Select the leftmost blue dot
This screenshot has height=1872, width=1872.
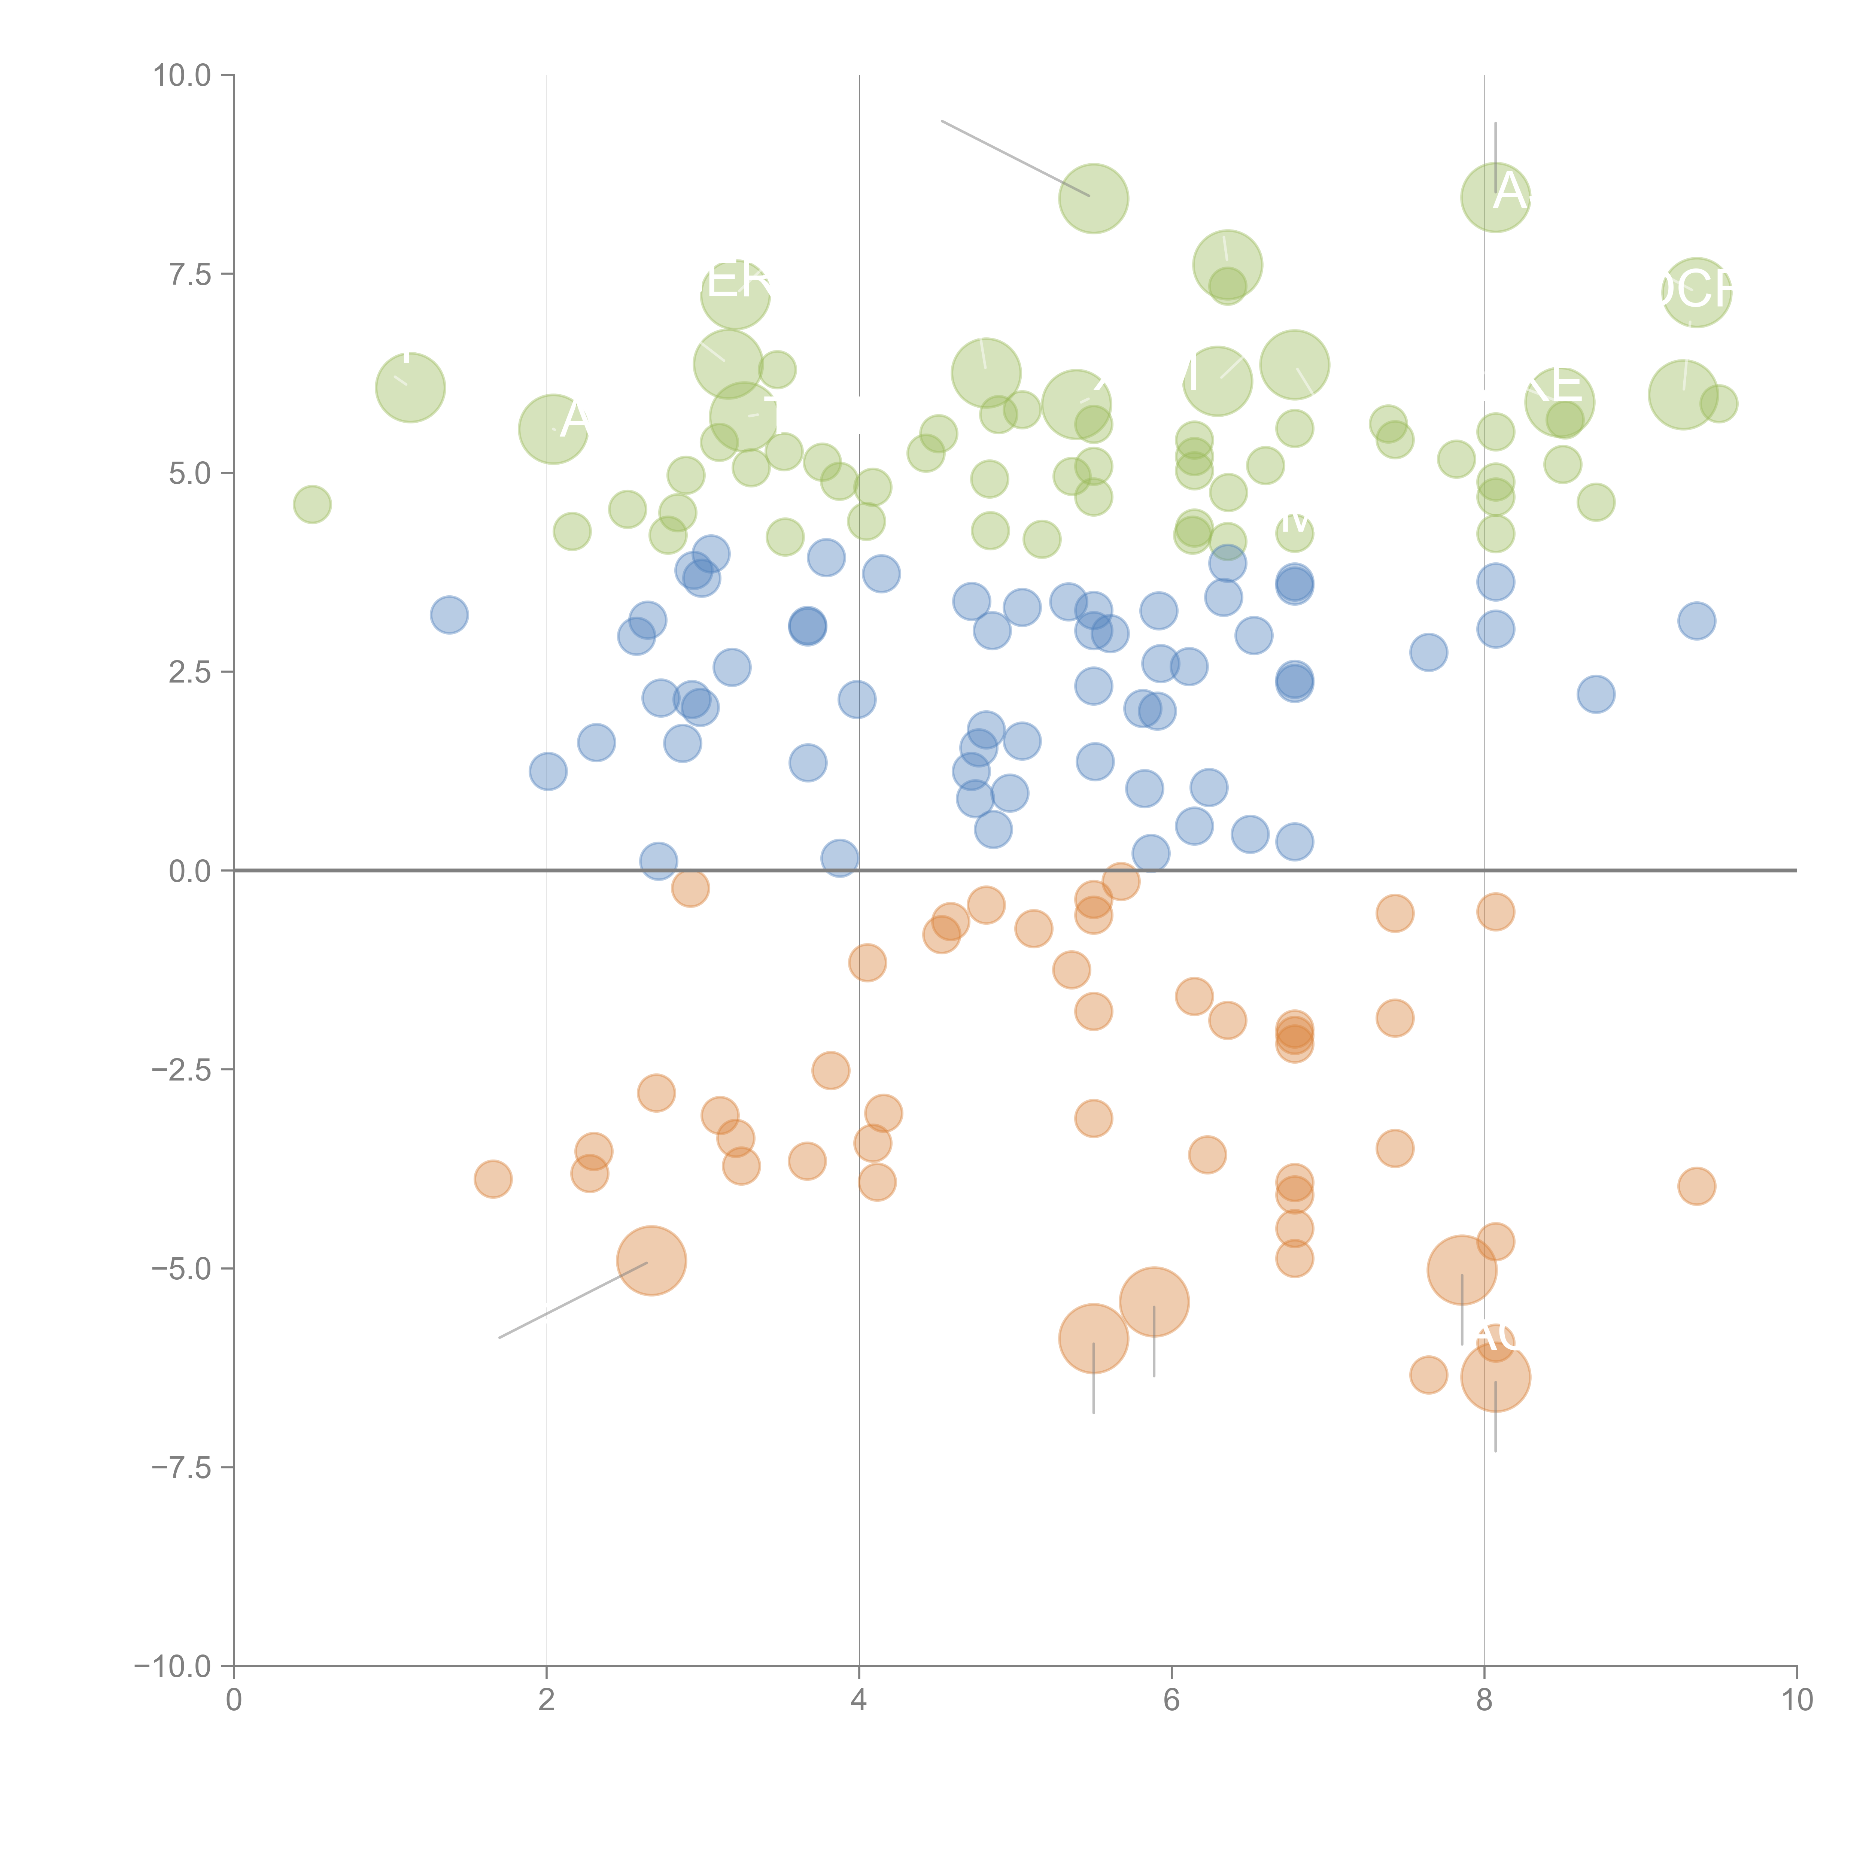tap(449, 614)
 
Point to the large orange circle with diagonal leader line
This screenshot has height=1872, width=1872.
tap(651, 1261)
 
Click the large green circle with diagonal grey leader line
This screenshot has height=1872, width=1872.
tap(1093, 198)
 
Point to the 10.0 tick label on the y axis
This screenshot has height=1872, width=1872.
tap(182, 76)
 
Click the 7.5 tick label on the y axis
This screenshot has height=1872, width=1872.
tap(190, 274)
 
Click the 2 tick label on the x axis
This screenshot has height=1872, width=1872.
tap(547, 1701)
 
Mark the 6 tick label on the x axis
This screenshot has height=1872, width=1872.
tap(1171, 1701)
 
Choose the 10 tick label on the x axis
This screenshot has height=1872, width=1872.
tap(1796, 1701)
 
